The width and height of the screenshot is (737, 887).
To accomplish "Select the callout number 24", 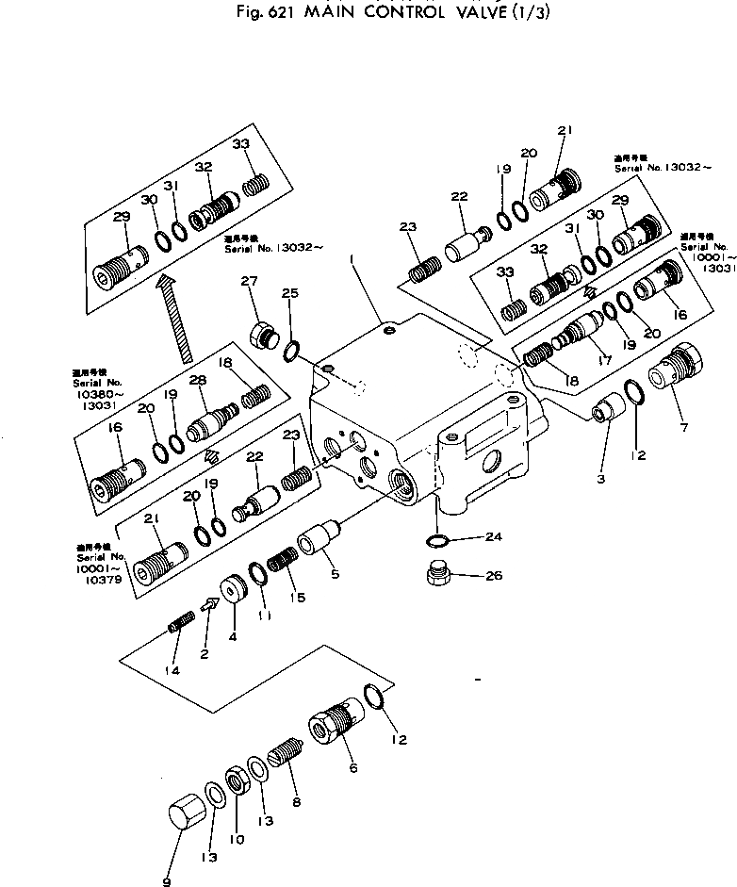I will [494, 537].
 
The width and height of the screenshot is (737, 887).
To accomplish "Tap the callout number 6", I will [352, 768].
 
